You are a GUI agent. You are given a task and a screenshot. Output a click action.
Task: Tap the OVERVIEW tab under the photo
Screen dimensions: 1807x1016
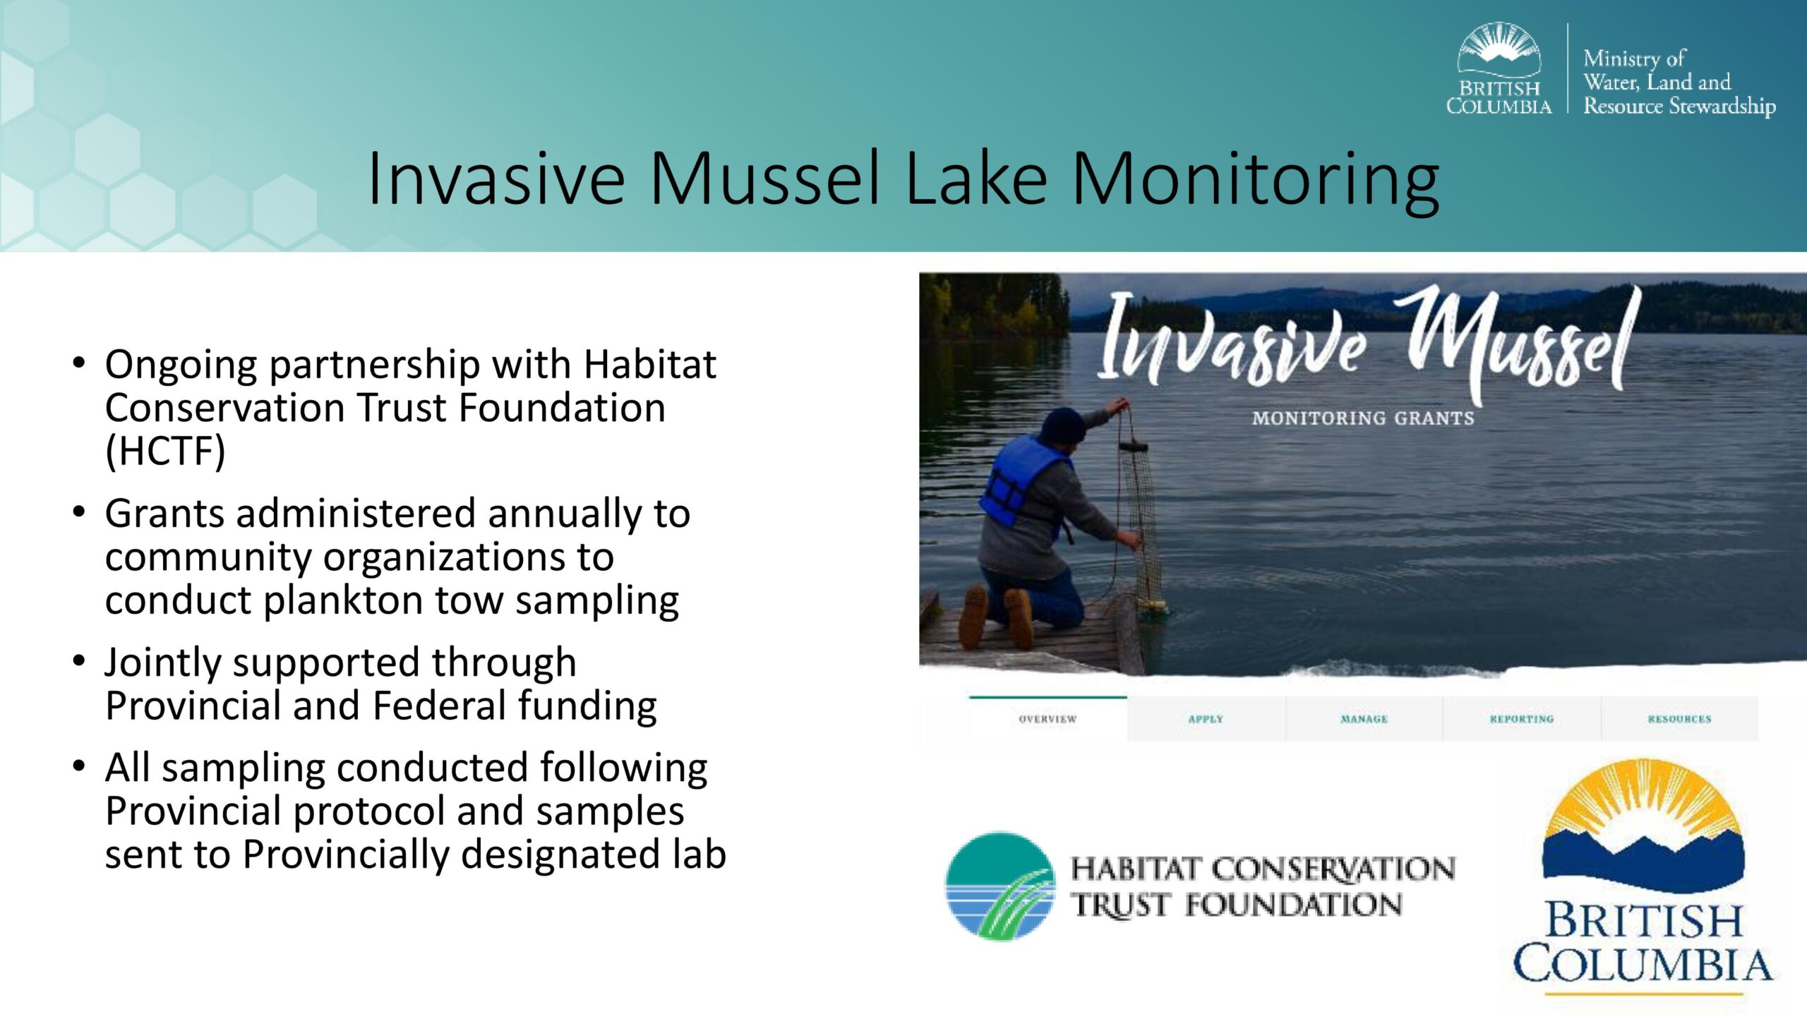(1047, 719)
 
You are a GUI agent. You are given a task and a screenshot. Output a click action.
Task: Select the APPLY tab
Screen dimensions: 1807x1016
(1206, 719)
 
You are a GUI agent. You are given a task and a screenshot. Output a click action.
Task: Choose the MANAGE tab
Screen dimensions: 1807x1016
(1364, 719)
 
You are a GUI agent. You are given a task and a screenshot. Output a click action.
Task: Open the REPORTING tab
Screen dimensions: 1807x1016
(1522, 719)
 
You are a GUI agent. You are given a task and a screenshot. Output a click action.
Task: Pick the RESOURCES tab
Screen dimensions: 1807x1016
(1680, 719)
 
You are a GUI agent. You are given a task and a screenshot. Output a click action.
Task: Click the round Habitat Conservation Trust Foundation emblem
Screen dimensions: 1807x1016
(1000, 886)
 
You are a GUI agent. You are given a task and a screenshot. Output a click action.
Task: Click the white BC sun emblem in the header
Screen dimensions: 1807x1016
(1499, 48)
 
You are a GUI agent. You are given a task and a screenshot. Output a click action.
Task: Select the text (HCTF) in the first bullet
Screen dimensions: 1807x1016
(165, 452)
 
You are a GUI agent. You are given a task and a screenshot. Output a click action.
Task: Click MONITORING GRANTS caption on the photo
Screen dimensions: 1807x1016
(1363, 418)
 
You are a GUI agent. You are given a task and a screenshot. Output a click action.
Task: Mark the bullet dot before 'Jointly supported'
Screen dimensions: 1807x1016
(79, 660)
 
